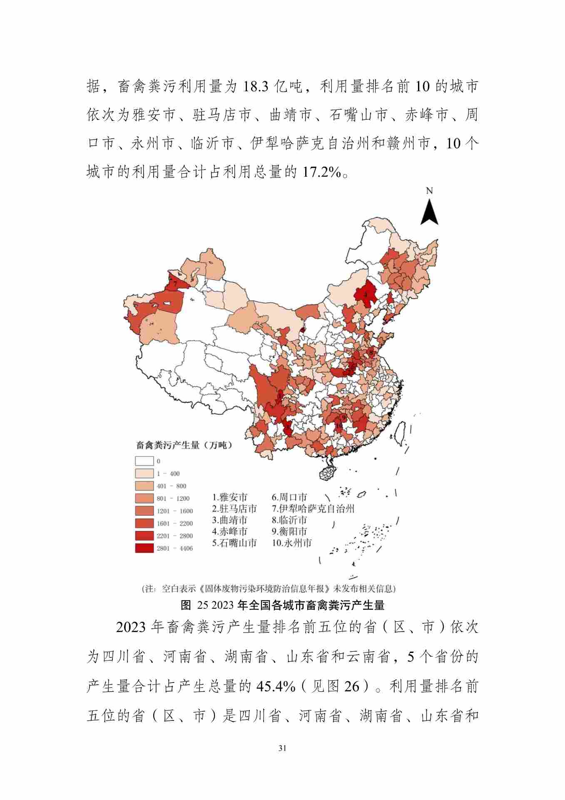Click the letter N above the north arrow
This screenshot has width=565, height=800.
point(429,191)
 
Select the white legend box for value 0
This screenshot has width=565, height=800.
point(144,461)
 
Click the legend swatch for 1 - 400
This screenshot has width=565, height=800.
point(144,474)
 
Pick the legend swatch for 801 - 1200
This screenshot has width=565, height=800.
point(144,498)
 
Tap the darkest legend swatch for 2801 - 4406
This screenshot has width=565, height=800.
point(144,548)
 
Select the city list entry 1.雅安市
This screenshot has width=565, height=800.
point(230,497)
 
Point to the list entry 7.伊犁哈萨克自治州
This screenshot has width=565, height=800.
point(313,508)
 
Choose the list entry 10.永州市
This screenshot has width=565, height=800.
point(292,543)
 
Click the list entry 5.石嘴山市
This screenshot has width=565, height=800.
point(234,543)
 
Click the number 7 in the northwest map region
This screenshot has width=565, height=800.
point(175,283)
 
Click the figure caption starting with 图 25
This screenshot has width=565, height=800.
point(282,605)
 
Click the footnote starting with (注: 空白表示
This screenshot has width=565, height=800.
point(269,589)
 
